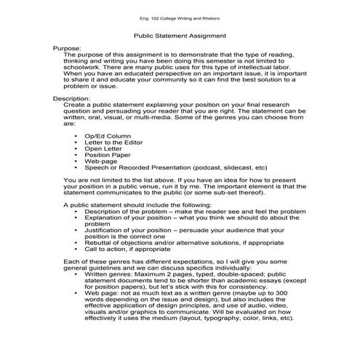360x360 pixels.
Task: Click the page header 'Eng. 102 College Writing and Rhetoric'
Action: coord(180,17)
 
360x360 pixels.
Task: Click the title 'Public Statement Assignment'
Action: coord(180,35)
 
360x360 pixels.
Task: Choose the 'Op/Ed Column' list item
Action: coord(108,135)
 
